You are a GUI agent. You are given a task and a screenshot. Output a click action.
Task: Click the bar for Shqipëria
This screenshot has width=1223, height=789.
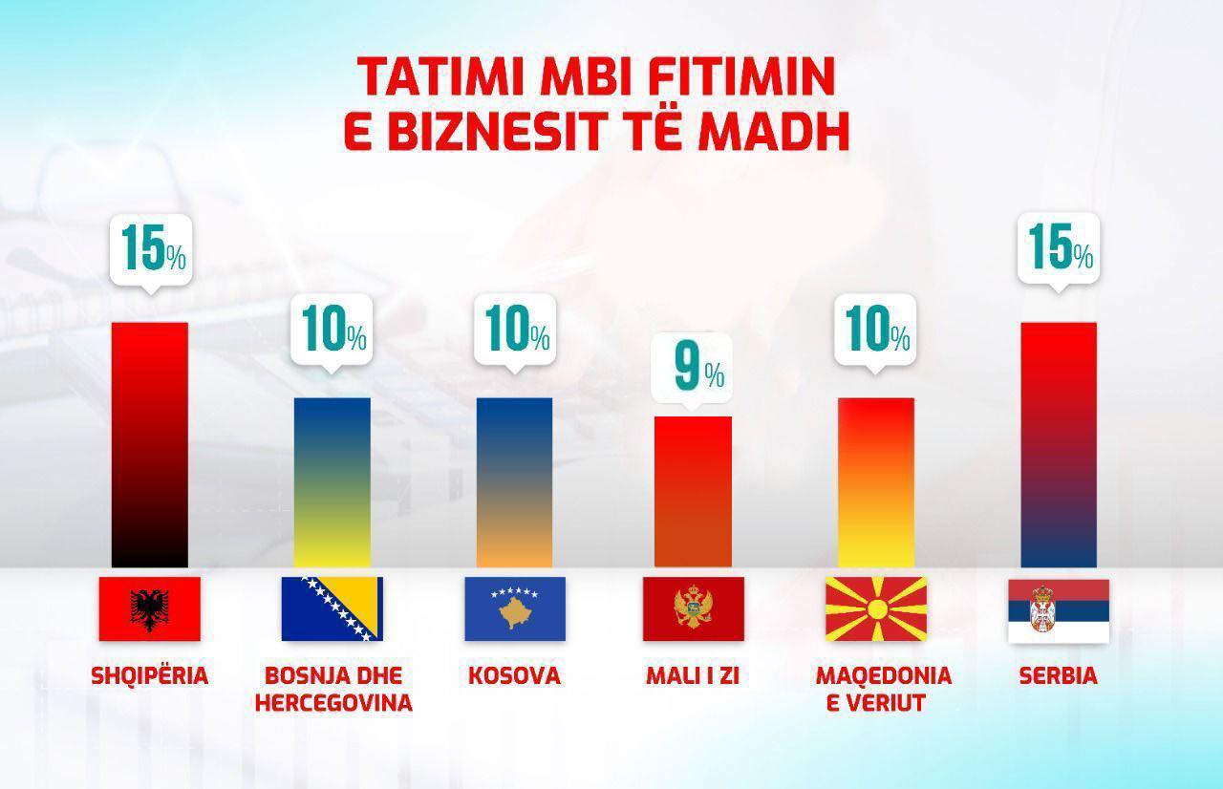150,445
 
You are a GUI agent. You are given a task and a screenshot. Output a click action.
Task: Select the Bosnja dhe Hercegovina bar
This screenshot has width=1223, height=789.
332,482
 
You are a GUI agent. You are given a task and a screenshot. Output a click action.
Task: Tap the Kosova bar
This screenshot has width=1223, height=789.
514,482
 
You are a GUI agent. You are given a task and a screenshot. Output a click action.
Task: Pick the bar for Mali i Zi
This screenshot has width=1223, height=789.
693,492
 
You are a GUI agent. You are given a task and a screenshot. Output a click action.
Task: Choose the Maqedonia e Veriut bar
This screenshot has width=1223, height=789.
876,482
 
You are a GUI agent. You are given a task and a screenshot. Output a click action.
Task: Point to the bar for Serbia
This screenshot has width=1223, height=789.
1059,445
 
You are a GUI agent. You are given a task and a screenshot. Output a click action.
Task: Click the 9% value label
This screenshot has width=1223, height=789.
693,369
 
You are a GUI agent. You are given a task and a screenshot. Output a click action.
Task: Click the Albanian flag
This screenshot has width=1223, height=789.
150,608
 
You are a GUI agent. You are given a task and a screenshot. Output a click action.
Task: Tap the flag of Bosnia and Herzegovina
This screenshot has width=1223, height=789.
332,608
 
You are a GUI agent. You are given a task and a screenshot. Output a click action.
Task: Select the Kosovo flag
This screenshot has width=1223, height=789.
515,608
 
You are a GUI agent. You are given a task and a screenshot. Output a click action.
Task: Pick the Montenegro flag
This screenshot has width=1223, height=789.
694,608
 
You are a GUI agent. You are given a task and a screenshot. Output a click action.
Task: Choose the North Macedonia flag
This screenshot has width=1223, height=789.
876,608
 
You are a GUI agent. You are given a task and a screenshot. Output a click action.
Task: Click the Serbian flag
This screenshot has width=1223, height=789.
1059,611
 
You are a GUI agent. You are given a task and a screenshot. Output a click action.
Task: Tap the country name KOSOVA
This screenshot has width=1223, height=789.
514,675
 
